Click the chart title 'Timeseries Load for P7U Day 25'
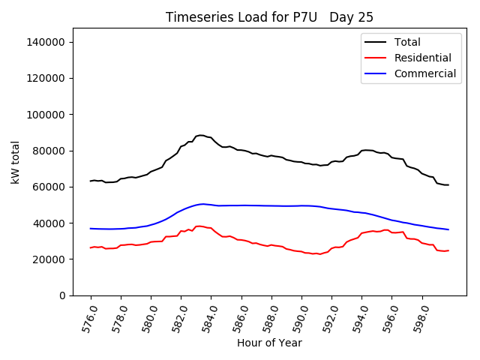pyautogui.click(x=269, y=17)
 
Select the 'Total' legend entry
pyautogui.click(x=407, y=42)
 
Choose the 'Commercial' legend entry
pyautogui.click(x=424, y=73)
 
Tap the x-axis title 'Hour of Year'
pyautogui.click(x=269, y=343)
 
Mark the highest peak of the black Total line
pyautogui.click(x=201, y=135)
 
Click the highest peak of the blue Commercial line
pyautogui.click(x=202, y=204)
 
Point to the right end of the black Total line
pyautogui.click(x=448, y=185)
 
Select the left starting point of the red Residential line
pyautogui.click(x=91, y=247)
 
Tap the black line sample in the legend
pyautogui.click(x=376, y=42)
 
